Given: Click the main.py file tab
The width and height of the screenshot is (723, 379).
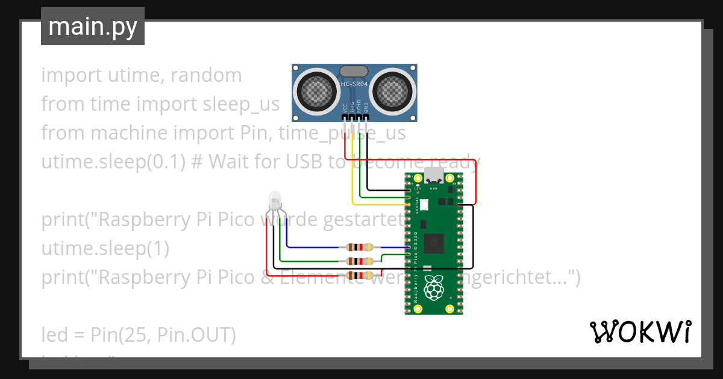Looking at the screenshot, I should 92,26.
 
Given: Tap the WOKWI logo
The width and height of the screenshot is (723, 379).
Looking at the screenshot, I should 640,332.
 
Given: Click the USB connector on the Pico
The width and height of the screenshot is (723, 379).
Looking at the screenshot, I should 434,176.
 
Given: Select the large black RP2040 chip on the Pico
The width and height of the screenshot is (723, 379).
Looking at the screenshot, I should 434,243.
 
